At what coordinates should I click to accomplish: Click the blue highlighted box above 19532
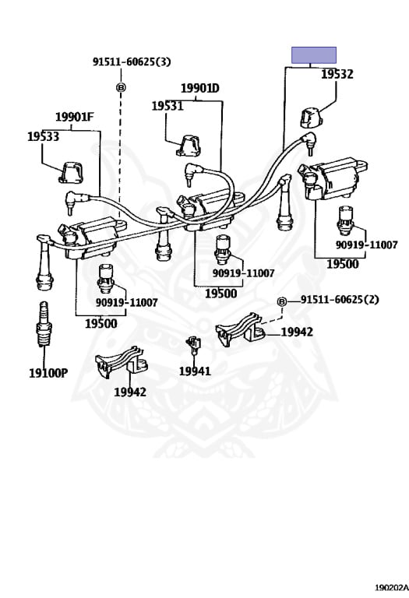click(x=314, y=55)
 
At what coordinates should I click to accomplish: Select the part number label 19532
click(x=337, y=75)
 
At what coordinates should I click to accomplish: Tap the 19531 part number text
click(x=167, y=105)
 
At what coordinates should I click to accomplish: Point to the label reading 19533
click(x=44, y=136)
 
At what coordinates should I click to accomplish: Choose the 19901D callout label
click(x=200, y=88)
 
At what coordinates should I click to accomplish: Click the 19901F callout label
click(x=74, y=118)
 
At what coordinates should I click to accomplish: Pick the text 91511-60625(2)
click(x=340, y=301)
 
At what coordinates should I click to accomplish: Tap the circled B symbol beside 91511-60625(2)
click(x=282, y=301)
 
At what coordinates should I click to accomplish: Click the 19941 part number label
click(x=195, y=371)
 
